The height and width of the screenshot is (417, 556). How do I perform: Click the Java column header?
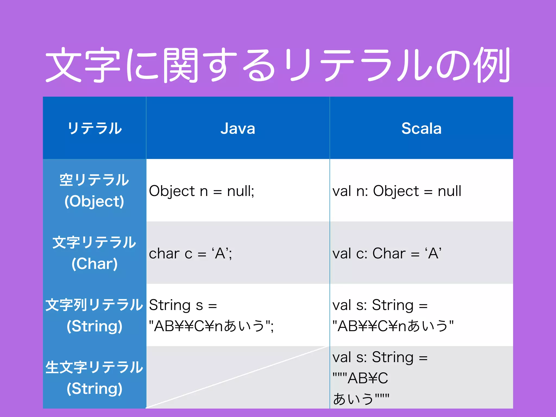(238, 128)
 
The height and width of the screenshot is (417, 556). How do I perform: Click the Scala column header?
(421, 128)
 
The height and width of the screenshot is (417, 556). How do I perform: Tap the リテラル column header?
(94, 128)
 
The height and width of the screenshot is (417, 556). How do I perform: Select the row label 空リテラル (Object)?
(94, 191)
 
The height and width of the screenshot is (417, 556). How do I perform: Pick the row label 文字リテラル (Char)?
(94, 253)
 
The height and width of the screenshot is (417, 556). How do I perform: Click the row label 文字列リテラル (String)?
(94, 315)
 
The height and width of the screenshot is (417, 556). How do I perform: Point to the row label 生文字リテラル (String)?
(94, 378)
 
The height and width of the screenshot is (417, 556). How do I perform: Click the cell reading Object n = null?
(201, 191)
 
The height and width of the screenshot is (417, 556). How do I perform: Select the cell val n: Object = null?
(397, 191)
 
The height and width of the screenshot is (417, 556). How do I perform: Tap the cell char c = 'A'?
(190, 254)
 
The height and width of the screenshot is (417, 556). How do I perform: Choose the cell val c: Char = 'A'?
(387, 254)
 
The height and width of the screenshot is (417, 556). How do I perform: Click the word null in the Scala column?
(449, 191)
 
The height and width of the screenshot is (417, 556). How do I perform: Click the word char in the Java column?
(165, 254)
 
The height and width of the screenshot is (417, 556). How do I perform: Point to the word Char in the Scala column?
(389, 254)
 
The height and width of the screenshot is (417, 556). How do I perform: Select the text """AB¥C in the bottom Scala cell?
(361, 378)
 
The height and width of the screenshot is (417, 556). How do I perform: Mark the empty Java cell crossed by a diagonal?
(238, 378)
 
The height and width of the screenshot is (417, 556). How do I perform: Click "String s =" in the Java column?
(183, 305)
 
